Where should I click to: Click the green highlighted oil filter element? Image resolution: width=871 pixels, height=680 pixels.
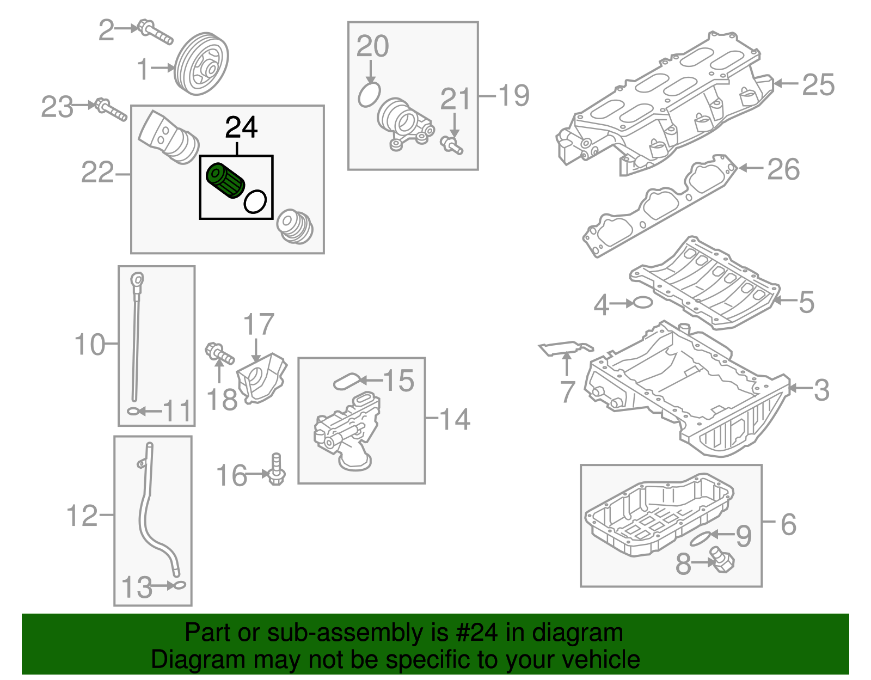[225, 180]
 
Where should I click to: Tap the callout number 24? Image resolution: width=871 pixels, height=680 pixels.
[241, 127]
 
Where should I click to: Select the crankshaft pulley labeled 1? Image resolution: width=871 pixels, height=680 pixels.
[201, 65]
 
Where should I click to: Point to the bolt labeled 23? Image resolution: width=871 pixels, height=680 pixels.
[111, 109]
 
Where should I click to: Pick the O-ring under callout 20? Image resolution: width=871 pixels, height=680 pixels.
[369, 95]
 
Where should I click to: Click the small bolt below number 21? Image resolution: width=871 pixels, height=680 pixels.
[451, 145]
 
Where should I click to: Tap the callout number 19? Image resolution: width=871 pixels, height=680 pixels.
[513, 96]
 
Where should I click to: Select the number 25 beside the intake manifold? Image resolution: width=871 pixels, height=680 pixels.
[818, 85]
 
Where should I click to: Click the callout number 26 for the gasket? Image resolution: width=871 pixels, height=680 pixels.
[783, 169]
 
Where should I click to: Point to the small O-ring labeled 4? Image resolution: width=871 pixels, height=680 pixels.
[643, 302]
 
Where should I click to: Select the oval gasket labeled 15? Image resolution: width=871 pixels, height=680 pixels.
[347, 382]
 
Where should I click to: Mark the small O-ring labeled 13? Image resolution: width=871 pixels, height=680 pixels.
[179, 586]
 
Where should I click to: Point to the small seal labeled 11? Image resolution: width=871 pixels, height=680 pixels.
[133, 411]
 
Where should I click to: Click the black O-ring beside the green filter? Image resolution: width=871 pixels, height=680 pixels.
[255, 201]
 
